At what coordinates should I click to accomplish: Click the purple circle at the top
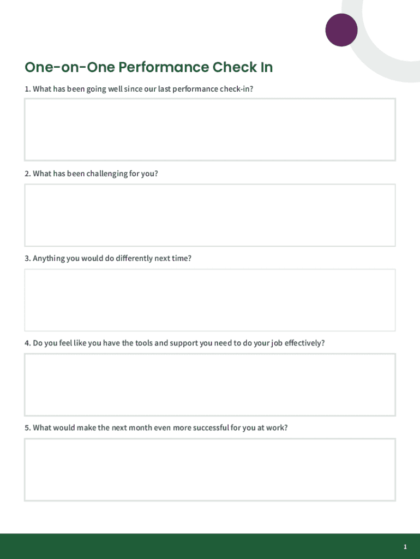341,29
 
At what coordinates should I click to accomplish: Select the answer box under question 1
209,129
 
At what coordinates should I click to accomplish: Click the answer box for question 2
209,215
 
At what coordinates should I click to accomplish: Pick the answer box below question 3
209,300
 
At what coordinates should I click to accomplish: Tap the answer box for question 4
209,384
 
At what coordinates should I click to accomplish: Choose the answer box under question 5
209,469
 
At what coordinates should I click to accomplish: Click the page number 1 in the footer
405,547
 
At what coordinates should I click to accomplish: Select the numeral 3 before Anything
27,258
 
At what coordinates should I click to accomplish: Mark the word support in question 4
184,343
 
